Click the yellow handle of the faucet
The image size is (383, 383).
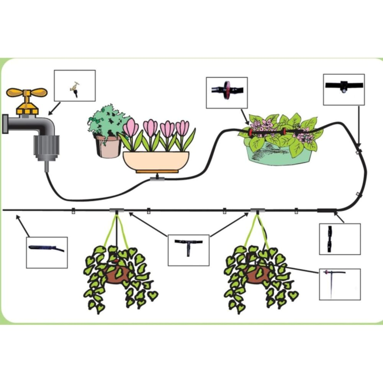(27, 93)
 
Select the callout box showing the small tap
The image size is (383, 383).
(75, 85)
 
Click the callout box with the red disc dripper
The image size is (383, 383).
(227, 92)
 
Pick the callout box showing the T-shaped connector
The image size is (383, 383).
(188, 250)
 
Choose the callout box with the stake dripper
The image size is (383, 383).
(339, 284)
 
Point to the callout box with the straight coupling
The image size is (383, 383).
(339, 239)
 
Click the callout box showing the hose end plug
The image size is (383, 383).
(47, 252)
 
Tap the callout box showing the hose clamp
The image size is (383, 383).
(344, 89)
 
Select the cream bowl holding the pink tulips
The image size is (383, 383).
(156, 160)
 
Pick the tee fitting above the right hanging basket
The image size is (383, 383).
(258, 211)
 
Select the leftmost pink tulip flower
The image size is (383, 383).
(131, 128)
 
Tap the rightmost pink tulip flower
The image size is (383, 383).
(182, 128)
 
